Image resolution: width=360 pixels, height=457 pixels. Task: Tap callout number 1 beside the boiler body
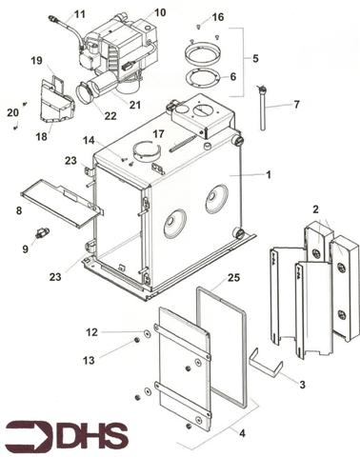point(270,174)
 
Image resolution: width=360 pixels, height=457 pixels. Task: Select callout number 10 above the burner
point(159,12)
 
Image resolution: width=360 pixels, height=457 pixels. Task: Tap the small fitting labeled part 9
point(42,233)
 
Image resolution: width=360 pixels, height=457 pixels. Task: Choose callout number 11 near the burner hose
point(79,13)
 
